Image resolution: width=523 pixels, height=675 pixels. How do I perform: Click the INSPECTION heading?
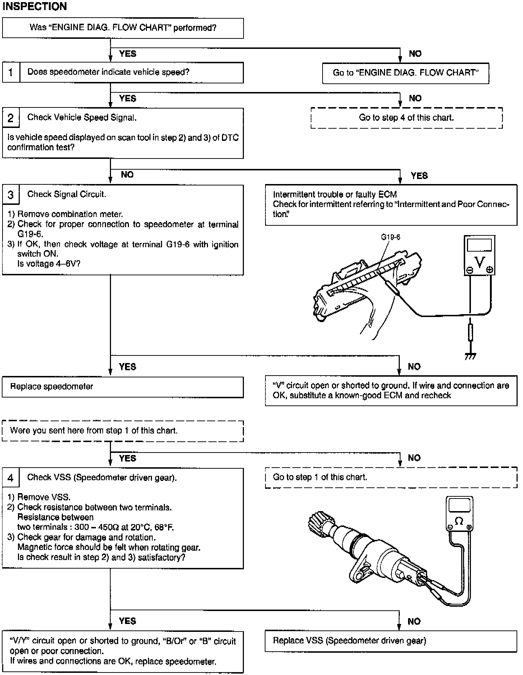(x=34, y=6)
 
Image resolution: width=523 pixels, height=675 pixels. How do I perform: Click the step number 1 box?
(x=11, y=73)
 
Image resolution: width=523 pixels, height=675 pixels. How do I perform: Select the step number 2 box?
(x=11, y=118)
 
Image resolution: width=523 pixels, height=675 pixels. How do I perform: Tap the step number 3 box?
(x=11, y=195)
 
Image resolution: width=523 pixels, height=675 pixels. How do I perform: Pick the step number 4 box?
(x=11, y=478)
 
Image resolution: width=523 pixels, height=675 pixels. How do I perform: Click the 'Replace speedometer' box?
(x=122, y=387)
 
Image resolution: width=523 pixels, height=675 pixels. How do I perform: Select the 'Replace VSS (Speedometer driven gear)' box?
(x=391, y=641)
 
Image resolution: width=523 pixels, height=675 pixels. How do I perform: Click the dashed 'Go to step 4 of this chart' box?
(x=406, y=118)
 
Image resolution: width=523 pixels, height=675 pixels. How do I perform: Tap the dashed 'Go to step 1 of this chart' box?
(x=391, y=477)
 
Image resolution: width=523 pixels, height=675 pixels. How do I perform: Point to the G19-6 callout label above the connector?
(x=390, y=237)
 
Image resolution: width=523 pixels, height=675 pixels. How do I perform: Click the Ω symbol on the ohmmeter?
(x=459, y=521)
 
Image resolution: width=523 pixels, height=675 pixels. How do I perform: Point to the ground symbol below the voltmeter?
(x=470, y=356)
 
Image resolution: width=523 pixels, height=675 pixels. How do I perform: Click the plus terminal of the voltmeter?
(x=489, y=270)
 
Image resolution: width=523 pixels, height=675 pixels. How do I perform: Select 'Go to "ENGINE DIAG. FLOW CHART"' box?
(x=406, y=73)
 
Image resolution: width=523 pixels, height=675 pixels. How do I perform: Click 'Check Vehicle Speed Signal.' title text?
(x=82, y=118)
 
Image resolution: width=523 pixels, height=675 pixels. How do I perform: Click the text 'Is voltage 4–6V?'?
(x=49, y=264)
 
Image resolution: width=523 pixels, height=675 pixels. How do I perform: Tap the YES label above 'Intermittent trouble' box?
(x=419, y=175)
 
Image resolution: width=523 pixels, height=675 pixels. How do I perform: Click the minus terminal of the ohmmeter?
(x=450, y=527)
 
